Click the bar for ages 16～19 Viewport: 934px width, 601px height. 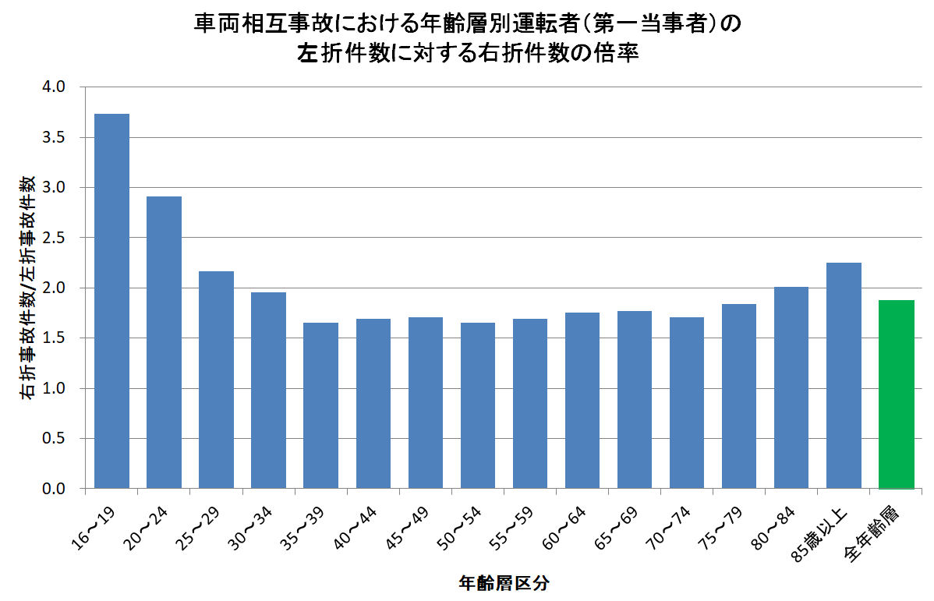[x=111, y=301]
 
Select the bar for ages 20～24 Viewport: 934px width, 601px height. [x=164, y=342]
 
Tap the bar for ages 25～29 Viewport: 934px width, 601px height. [x=216, y=380]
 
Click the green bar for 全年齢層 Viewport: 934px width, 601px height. [x=896, y=394]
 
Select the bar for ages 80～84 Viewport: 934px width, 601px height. [x=791, y=387]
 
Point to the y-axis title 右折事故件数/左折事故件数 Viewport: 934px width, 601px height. [x=27, y=288]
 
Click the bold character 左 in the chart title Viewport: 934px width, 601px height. [x=306, y=55]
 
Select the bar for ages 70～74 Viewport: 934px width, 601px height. [x=687, y=402]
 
